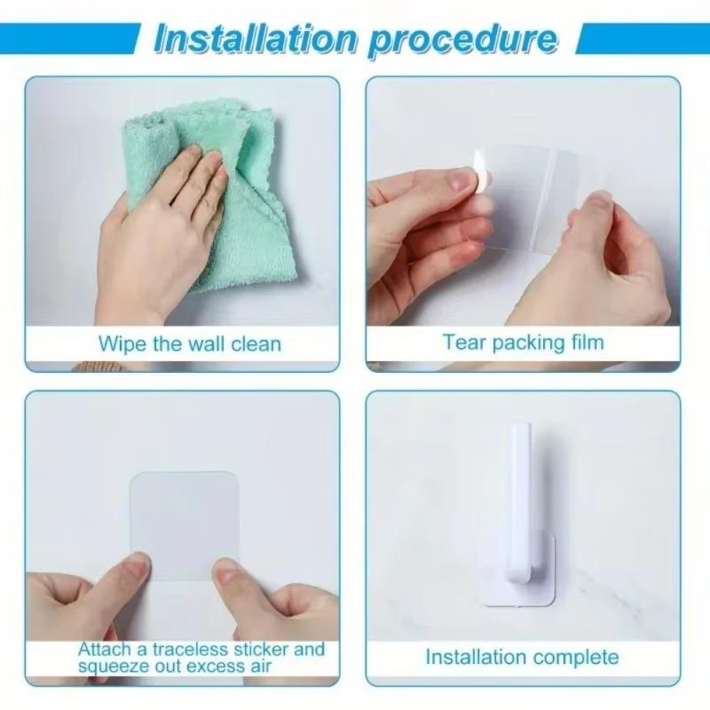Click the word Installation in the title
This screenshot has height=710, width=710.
[x=256, y=38]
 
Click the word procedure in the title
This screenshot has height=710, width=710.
[x=461, y=38]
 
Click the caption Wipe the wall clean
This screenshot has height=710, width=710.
[x=189, y=343]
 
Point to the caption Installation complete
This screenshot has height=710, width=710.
[x=522, y=658]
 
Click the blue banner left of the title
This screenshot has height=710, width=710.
[x=71, y=39]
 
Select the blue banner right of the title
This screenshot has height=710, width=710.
[x=641, y=39]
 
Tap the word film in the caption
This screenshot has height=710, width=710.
[x=586, y=343]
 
